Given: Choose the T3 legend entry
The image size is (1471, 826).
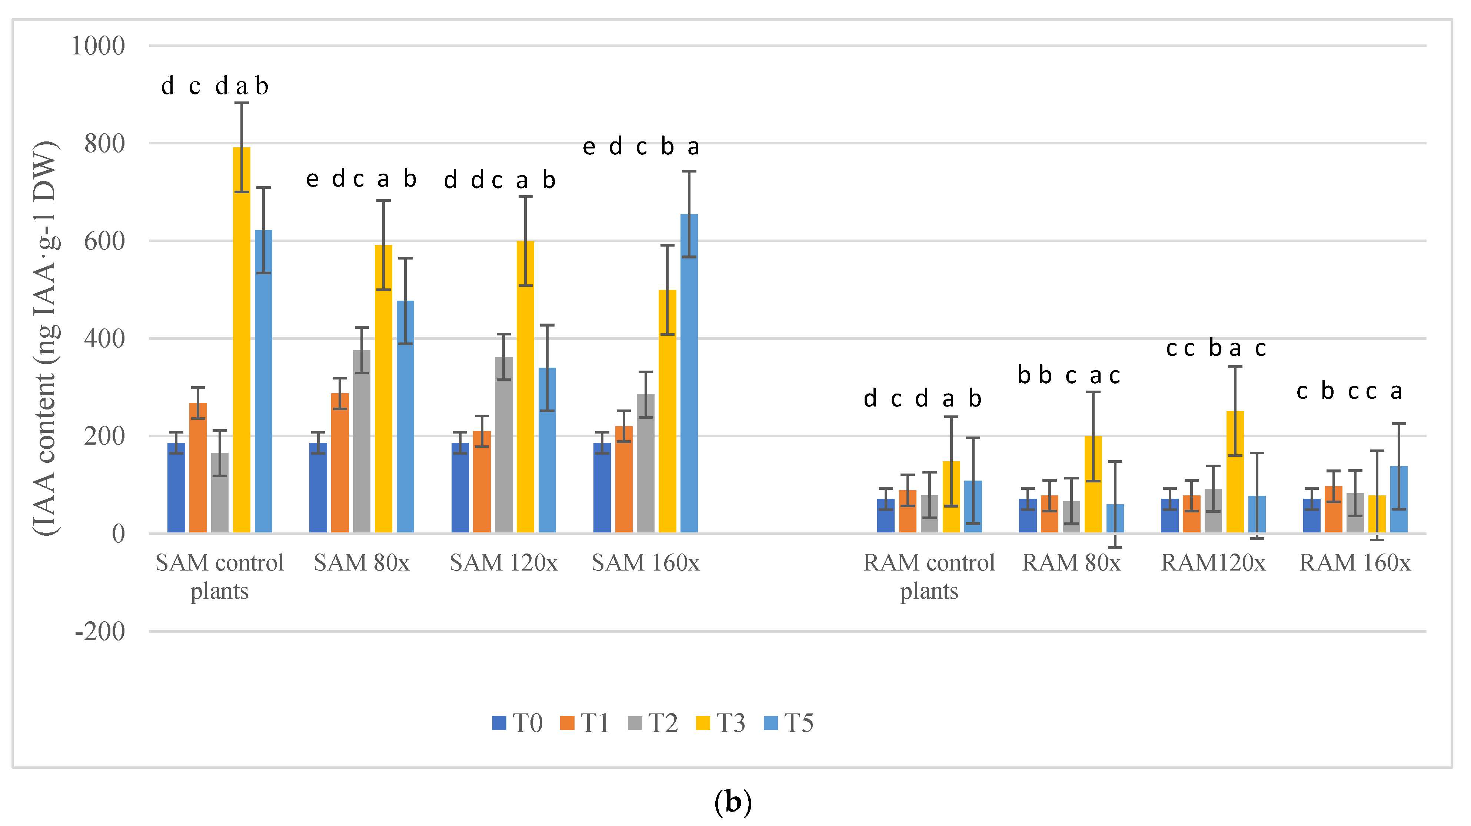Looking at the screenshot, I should [720, 723].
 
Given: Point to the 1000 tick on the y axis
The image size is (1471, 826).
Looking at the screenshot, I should [98, 46].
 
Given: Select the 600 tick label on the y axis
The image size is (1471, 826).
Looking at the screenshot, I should [104, 241].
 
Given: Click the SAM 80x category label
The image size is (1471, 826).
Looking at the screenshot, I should [362, 563].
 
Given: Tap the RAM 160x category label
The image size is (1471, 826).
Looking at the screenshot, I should [1355, 563].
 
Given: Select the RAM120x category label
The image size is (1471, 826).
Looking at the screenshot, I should [1213, 563].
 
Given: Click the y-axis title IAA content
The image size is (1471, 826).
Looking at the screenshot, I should [46, 337].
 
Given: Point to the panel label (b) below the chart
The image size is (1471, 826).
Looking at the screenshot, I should [733, 802].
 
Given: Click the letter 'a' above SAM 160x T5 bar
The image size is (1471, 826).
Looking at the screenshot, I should [693, 147].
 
